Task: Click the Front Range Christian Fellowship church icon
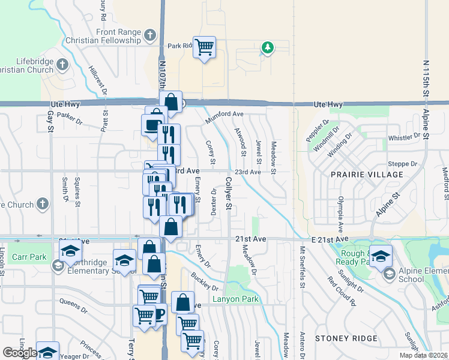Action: pos(151,36)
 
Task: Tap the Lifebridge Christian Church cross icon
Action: pos(62,63)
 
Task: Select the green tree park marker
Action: pos(267,47)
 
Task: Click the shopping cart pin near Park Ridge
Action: pos(205,46)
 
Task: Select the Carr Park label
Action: pos(29,257)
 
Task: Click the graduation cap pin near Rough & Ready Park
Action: pos(381,256)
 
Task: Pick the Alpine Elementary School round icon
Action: pos(389,274)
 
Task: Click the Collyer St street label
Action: pos(229,193)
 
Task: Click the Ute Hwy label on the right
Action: pos(328,104)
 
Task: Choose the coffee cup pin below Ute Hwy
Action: pos(152,125)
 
